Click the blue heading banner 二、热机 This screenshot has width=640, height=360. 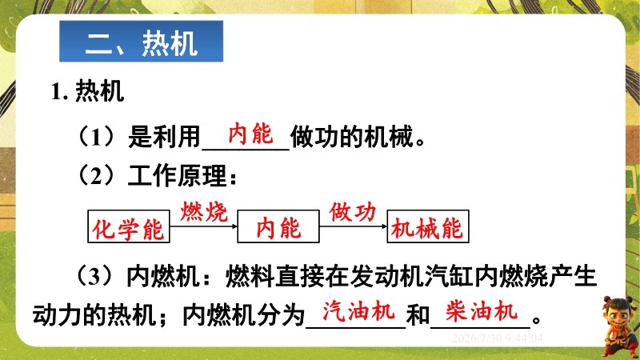tap(142, 42)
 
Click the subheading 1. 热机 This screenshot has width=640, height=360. tap(87, 91)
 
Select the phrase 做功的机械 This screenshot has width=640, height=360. tap(351, 136)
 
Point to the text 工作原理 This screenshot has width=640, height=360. tap(177, 176)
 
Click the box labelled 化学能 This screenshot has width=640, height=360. tap(129, 226)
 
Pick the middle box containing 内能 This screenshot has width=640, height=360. tap(278, 226)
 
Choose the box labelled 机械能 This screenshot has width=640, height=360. tap(428, 226)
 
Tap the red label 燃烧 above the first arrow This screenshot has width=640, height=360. tap(204, 211)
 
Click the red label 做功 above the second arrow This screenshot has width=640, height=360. tap(353, 211)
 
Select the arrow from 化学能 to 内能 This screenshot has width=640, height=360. tap(204, 226)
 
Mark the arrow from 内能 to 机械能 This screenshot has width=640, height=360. tap(353, 226)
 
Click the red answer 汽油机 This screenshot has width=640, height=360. tap(358, 311)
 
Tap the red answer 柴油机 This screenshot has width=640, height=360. tap(482, 311)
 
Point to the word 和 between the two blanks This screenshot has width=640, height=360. tap(418, 315)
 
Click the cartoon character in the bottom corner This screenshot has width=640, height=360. tap(618, 326)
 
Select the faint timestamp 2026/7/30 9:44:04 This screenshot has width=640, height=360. tap(497, 338)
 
